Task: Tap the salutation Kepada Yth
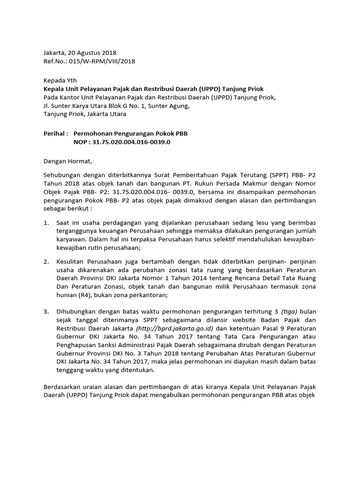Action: coord(60,80)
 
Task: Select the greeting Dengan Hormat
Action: coord(68,161)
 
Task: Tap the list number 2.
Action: coord(46,261)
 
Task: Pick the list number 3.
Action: coord(46,311)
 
